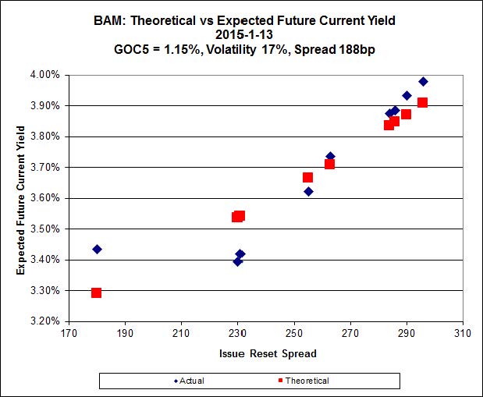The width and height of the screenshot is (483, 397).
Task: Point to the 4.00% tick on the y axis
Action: pos(44,75)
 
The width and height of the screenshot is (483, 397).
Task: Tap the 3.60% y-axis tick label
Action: pos(44,198)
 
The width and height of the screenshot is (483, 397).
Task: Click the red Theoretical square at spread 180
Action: pos(96,292)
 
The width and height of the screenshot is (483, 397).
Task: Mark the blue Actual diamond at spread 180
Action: pos(97,250)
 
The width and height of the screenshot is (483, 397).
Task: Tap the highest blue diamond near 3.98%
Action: pos(423,82)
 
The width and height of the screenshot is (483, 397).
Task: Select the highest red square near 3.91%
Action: pos(422,103)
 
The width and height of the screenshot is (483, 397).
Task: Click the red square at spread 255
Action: pos(307,178)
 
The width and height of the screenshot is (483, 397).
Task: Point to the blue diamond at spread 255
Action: pos(308,191)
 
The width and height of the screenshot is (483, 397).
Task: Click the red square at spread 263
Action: pos(329,164)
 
